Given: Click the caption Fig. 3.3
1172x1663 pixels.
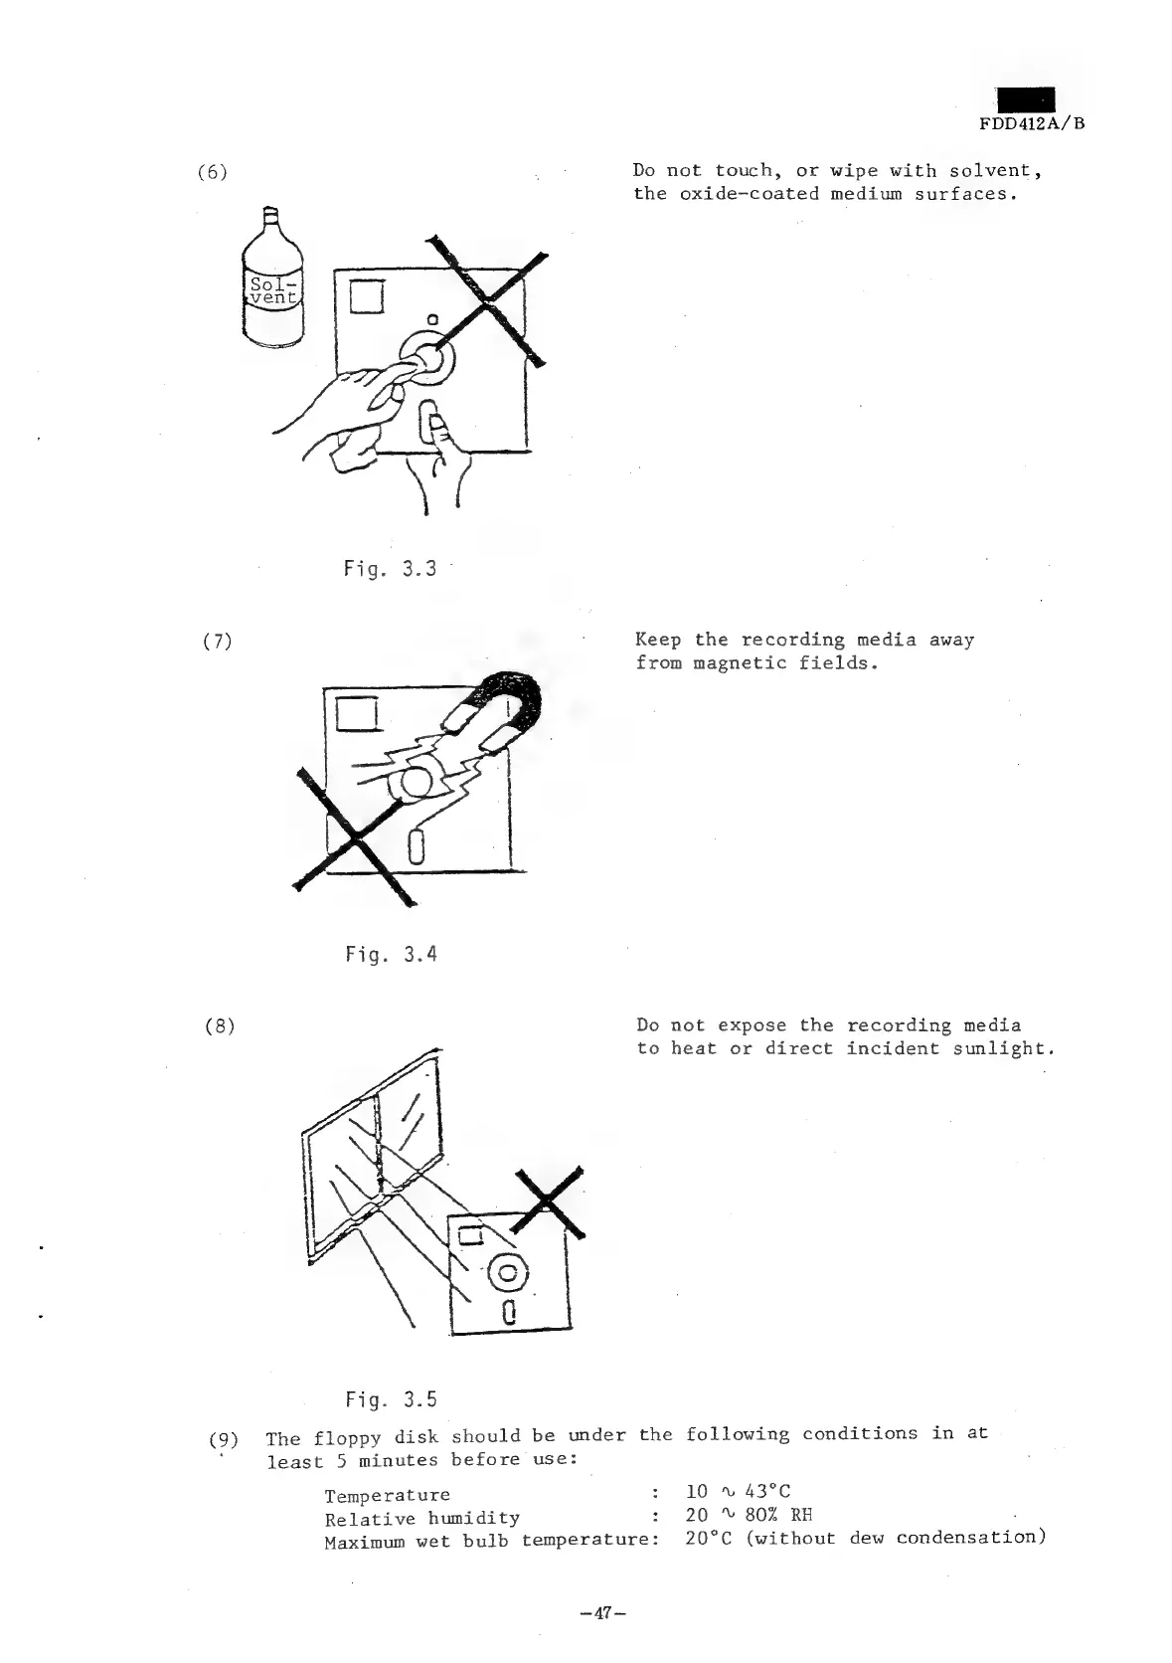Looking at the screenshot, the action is click(390, 569).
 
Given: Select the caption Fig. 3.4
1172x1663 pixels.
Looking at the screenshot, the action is click(391, 955).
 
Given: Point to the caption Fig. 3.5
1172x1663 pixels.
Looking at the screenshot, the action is click(391, 1400).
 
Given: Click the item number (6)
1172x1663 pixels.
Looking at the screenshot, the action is click(211, 172).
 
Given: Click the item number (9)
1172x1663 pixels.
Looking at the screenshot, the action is click(224, 1438).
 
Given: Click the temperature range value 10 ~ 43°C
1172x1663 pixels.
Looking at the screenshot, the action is click(738, 1492).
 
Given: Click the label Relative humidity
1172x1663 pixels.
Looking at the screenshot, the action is click(421, 1518).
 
